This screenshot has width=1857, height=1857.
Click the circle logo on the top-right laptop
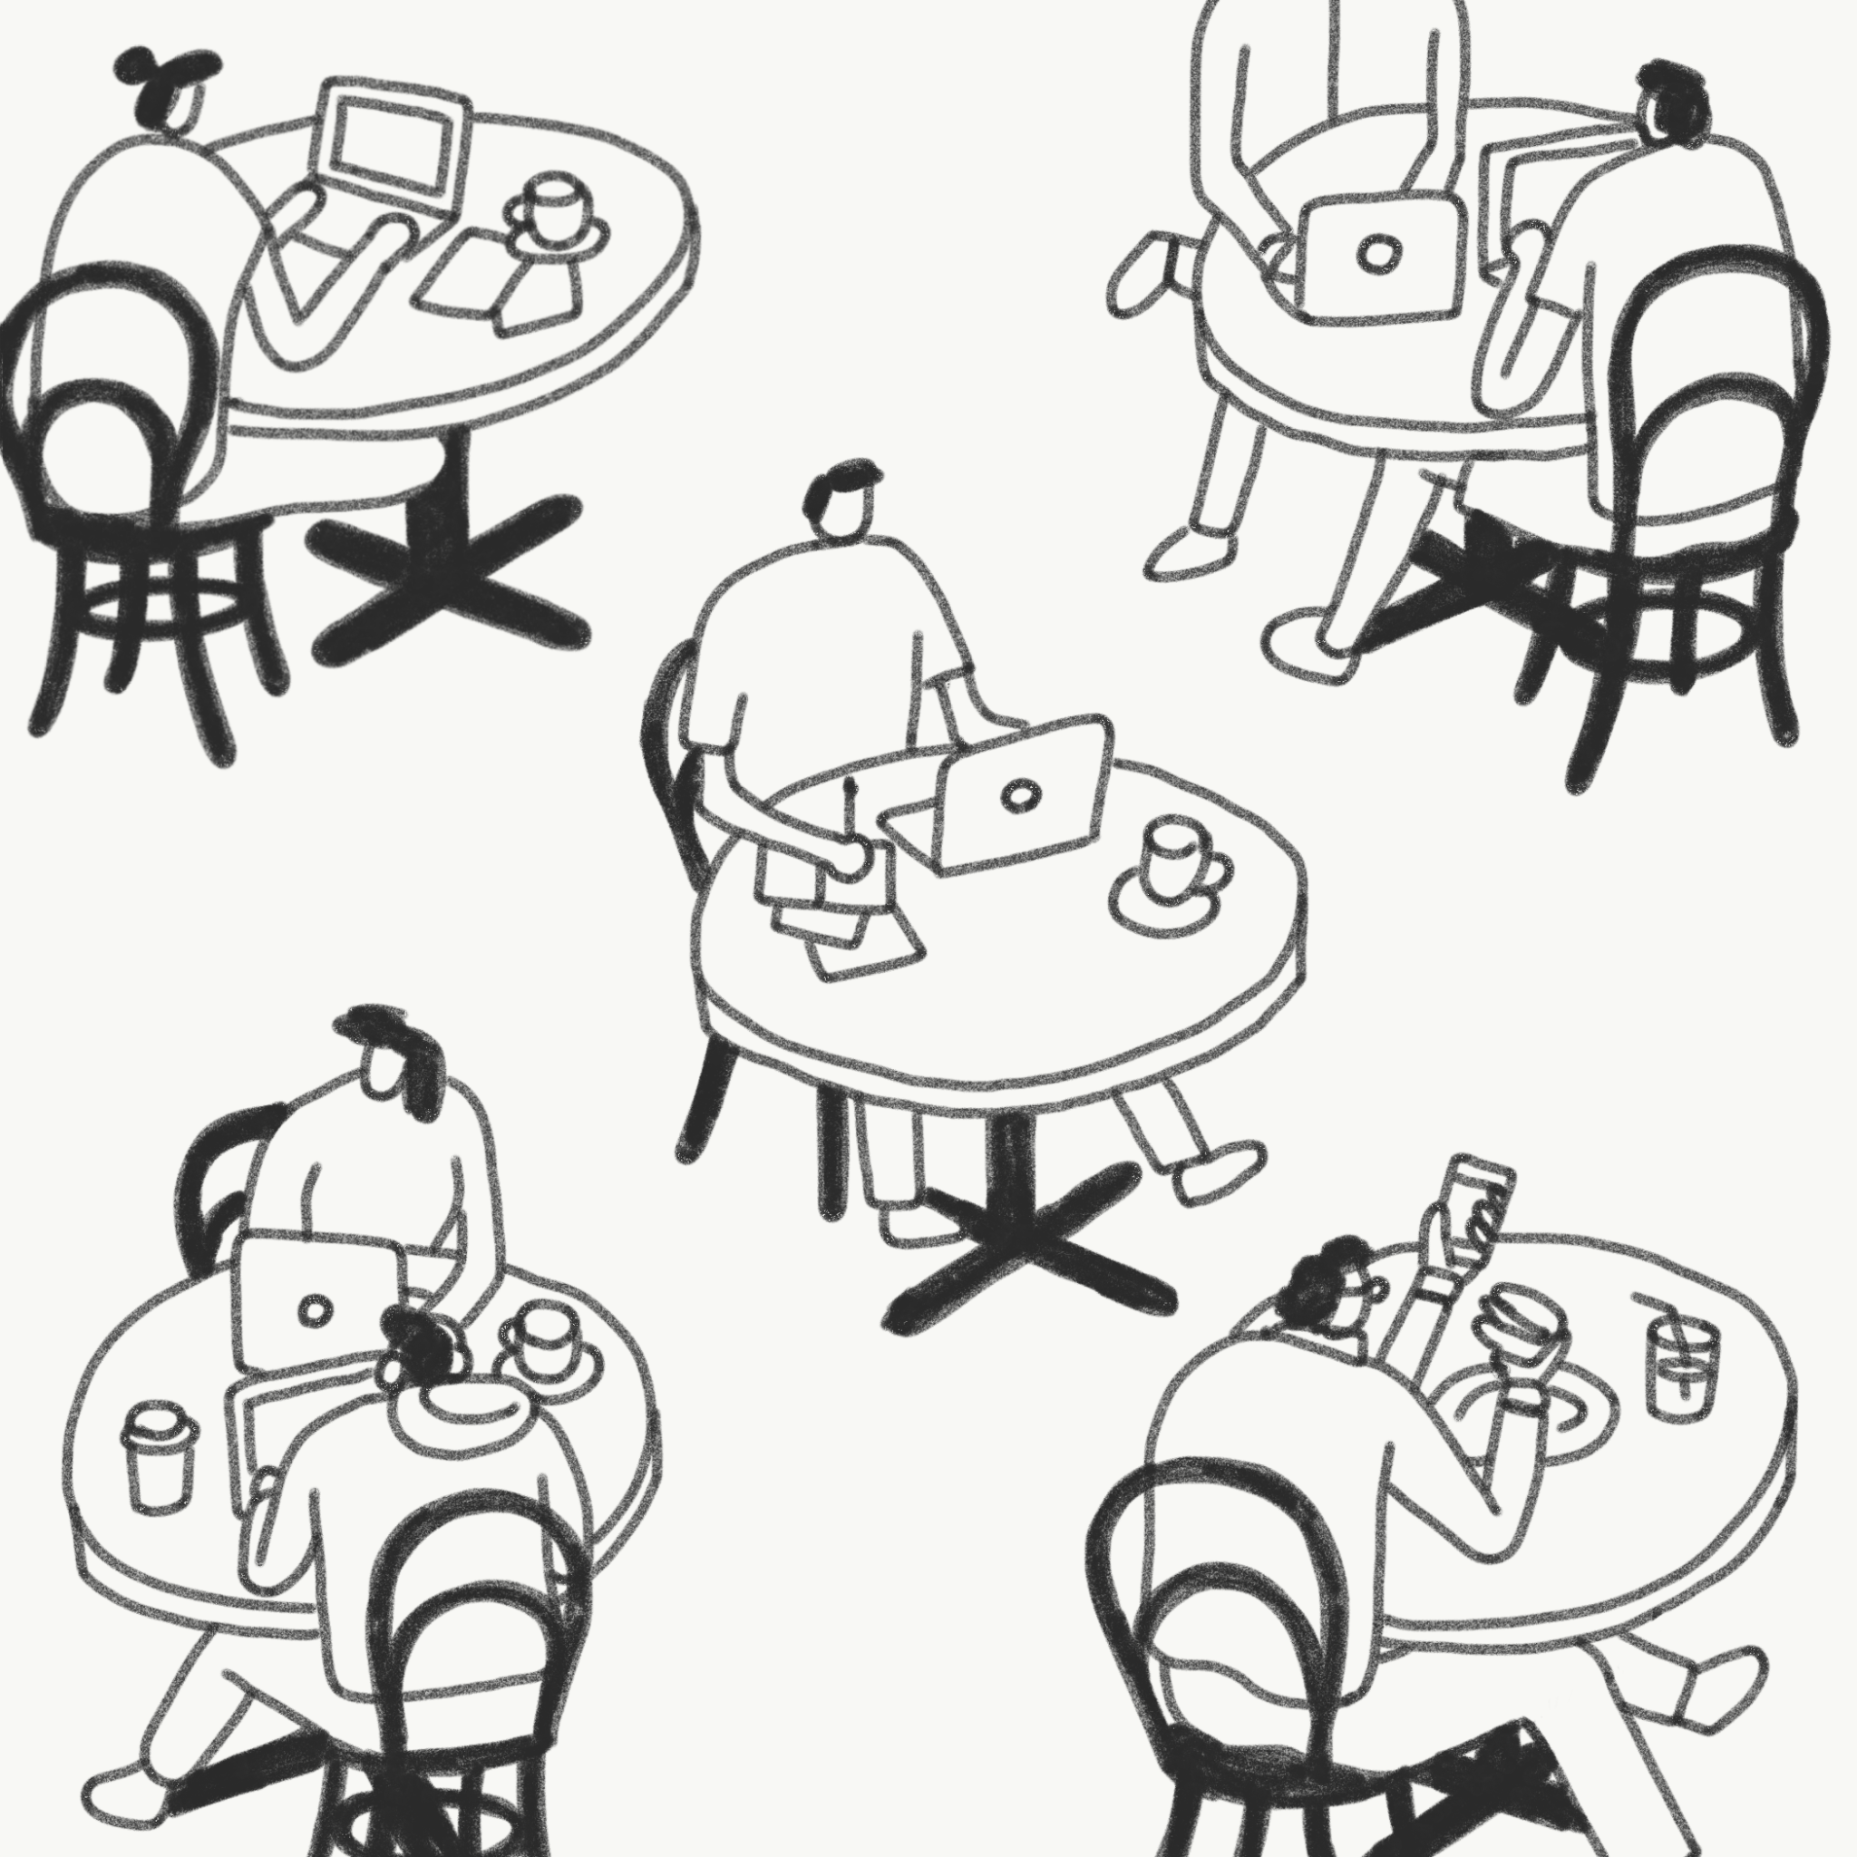[x=1380, y=253]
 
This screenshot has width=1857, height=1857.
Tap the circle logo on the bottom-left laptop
[x=315, y=1309]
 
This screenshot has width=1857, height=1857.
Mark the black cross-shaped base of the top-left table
[x=447, y=572]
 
